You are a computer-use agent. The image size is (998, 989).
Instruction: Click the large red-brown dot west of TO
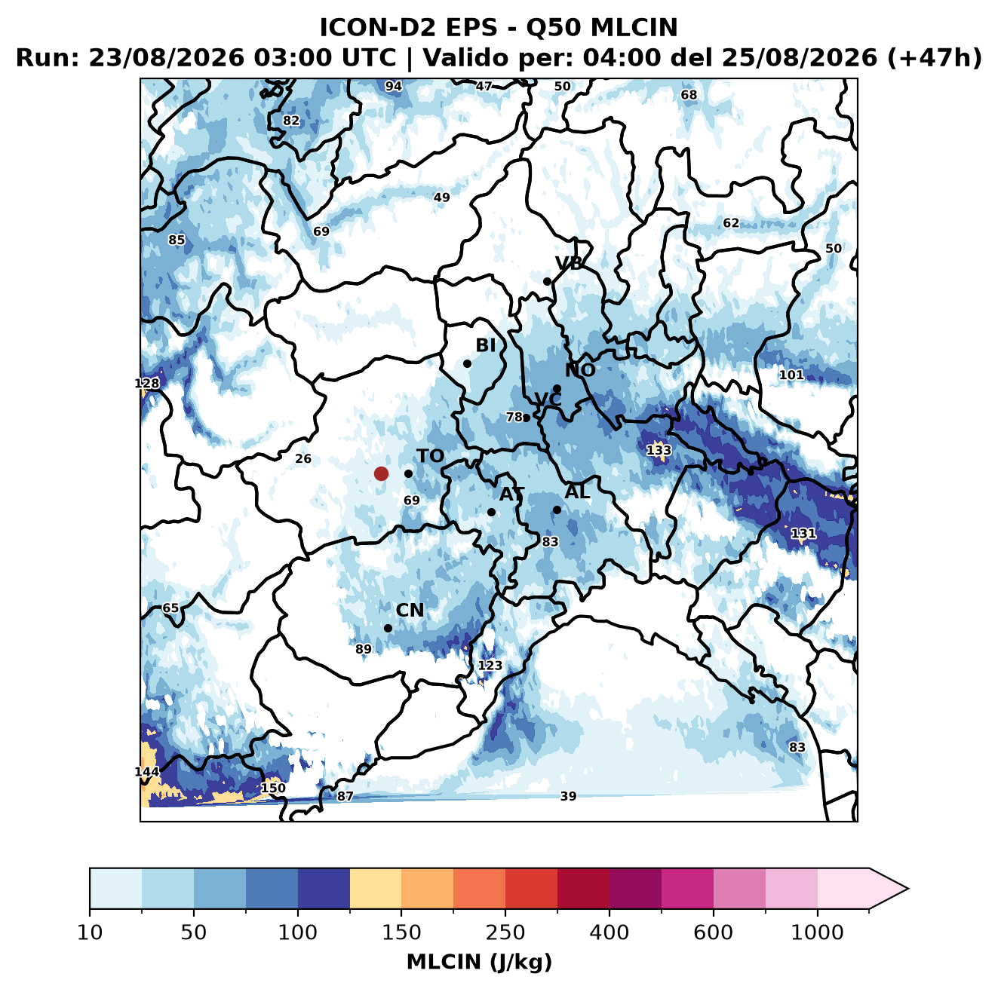(381, 473)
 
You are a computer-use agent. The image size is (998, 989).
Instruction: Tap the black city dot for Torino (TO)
(408, 473)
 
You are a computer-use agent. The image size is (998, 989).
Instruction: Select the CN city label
(410, 610)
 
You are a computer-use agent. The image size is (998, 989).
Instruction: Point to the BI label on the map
(485, 345)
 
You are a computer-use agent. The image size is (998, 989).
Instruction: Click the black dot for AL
(557, 510)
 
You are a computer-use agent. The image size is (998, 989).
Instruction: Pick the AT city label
(511, 494)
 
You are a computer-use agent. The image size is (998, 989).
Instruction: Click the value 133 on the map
(659, 450)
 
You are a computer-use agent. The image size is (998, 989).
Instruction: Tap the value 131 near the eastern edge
(803, 533)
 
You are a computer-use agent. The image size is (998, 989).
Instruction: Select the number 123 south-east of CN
(490, 665)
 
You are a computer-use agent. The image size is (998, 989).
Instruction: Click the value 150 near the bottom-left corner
(273, 788)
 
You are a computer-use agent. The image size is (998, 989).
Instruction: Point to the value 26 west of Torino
(303, 458)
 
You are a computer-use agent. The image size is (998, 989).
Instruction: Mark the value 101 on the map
(791, 375)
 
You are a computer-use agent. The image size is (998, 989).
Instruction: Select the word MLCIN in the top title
(634, 28)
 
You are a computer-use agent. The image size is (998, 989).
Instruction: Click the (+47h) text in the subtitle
(934, 58)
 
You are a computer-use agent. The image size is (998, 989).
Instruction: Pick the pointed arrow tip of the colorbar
(907, 889)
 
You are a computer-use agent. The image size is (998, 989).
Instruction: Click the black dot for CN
(388, 628)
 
